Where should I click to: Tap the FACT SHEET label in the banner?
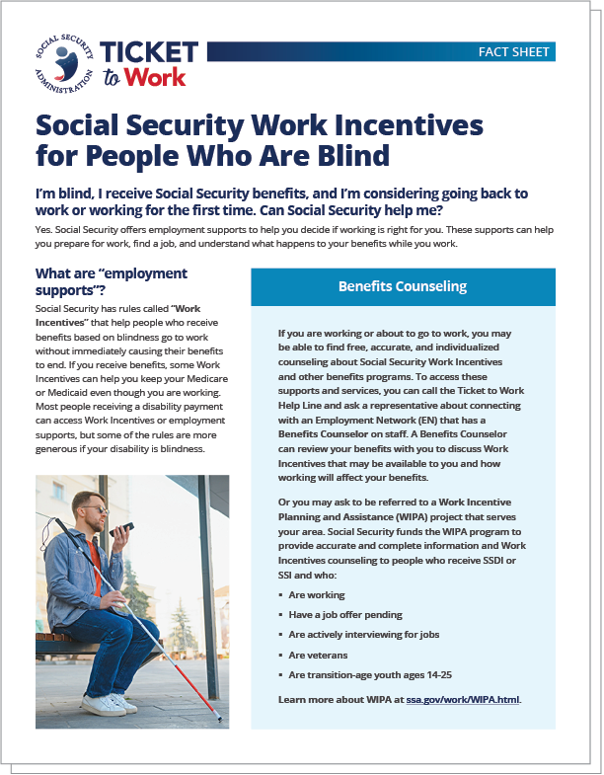pos(514,51)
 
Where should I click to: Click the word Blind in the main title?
pos(344,155)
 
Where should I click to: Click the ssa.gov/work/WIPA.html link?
pos(462,698)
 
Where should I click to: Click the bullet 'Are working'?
pos(317,595)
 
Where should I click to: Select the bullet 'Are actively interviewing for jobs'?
pos(364,635)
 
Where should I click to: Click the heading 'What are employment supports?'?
pos(111,280)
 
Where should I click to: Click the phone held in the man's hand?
pos(119,530)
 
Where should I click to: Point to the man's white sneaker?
pos(103,704)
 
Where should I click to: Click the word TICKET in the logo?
pos(149,52)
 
